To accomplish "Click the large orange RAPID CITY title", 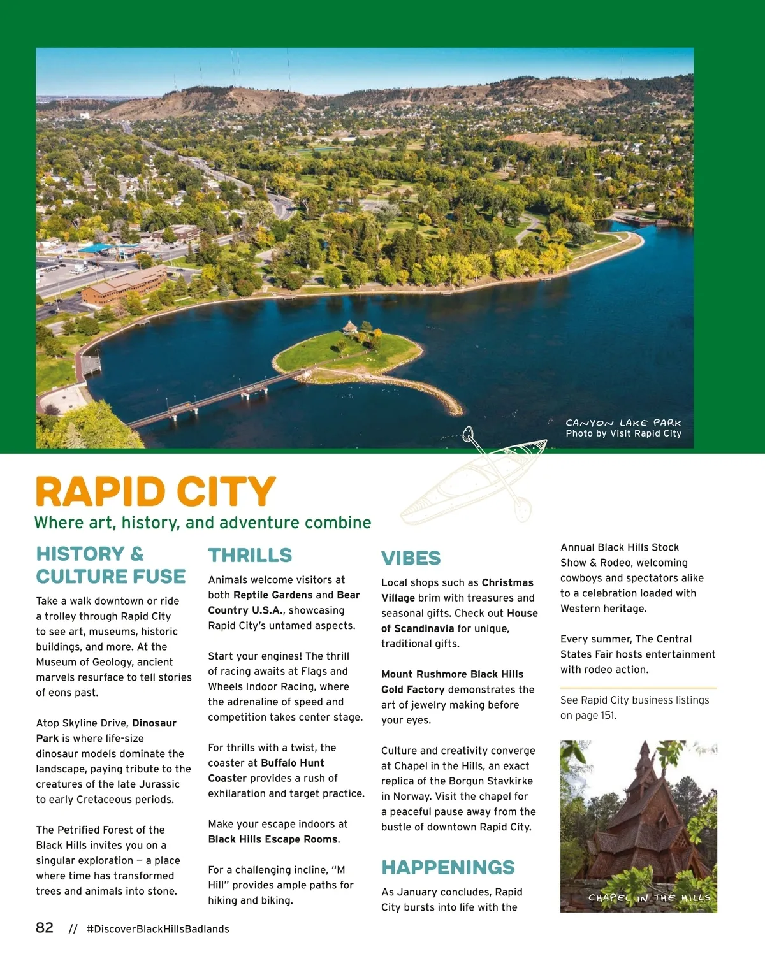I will pyautogui.click(x=156, y=492).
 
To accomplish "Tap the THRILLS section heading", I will pyautogui.click(x=250, y=556).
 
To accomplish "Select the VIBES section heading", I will pyautogui.click(x=411, y=558).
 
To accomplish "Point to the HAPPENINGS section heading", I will pyautogui.click(x=448, y=867).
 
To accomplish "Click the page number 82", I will pyautogui.click(x=45, y=928).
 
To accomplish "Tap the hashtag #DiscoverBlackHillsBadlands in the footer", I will pyautogui.click(x=157, y=929).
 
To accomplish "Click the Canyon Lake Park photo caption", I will pyautogui.click(x=623, y=423).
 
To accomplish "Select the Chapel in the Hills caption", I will pyautogui.click(x=649, y=898).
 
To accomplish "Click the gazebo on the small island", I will pyautogui.click(x=350, y=328).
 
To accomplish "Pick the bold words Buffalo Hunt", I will pyautogui.click(x=293, y=763).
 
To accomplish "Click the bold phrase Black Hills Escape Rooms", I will pyautogui.click(x=273, y=839).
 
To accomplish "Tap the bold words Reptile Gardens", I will pyautogui.click(x=273, y=595).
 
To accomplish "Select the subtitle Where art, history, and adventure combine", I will pyautogui.click(x=203, y=523).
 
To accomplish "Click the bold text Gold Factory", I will pyautogui.click(x=412, y=690).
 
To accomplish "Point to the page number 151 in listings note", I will pyautogui.click(x=608, y=715).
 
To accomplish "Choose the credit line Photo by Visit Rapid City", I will pyautogui.click(x=623, y=433).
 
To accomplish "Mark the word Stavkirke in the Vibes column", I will pyautogui.click(x=507, y=781).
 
